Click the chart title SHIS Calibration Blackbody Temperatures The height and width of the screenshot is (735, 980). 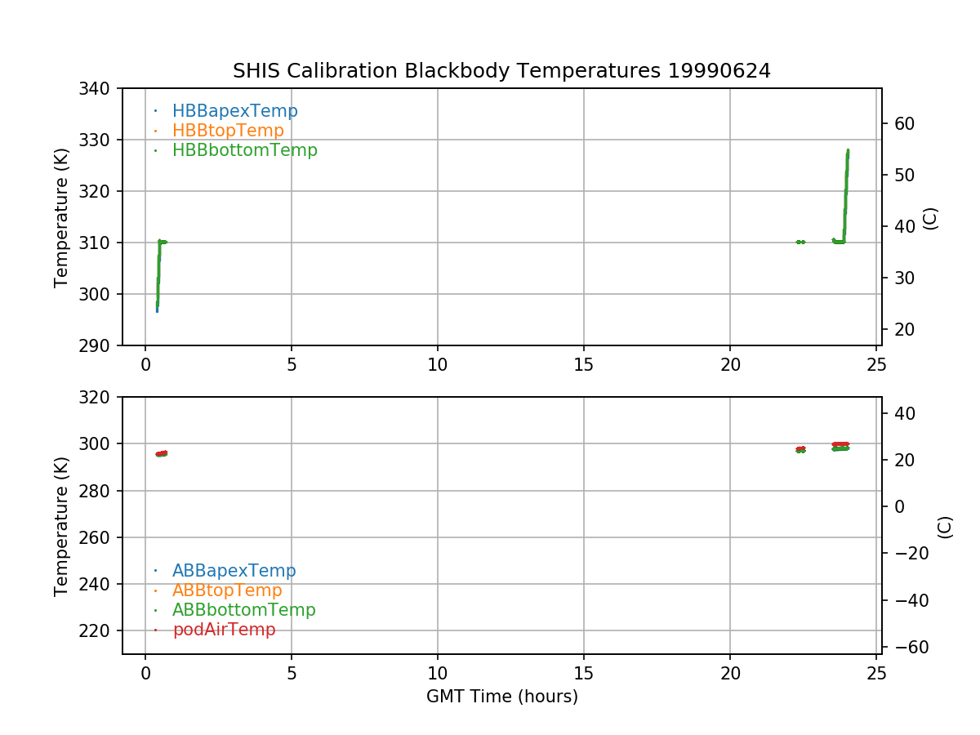[x=501, y=71]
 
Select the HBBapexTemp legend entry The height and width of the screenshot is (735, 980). [x=234, y=111]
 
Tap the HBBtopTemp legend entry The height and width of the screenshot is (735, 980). [x=228, y=131]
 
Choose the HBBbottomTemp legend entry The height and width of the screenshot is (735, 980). [x=244, y=150]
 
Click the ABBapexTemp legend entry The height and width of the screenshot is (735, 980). [x=234, y=571]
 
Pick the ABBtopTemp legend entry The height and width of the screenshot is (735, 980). [x=227, y=590]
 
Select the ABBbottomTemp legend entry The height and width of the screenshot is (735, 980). [x=243, y=610]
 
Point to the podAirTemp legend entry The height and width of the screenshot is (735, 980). [x=224, y=630]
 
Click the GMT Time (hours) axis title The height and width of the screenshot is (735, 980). [x=501, y=697]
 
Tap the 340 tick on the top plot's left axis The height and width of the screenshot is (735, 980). [x=100, y=88]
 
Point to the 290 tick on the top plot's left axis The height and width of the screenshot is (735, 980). [x=100, y=345]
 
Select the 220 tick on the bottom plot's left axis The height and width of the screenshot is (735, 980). [x=100, y=630]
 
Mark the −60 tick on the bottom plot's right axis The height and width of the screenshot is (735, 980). [x=908, y=648]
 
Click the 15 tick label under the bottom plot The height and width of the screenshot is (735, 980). [x=584, y=674]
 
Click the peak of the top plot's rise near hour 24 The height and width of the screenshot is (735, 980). [x=848, y=150]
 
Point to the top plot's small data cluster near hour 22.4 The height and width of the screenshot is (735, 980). [x=800, y=242]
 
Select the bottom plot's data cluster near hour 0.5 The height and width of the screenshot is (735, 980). [x=162, y=453]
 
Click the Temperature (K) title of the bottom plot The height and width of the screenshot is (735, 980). [x=61, y=525]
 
